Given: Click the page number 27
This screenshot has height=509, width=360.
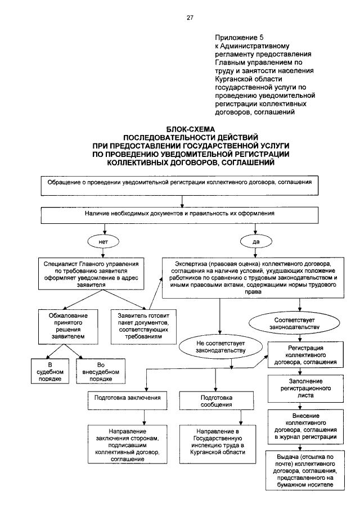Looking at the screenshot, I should click(190, 18).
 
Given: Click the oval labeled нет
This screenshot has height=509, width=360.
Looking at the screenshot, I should click(103, 242).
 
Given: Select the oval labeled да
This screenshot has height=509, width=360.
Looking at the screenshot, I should click(256, 242).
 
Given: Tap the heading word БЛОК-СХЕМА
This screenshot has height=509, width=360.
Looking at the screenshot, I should click(191, 130).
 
